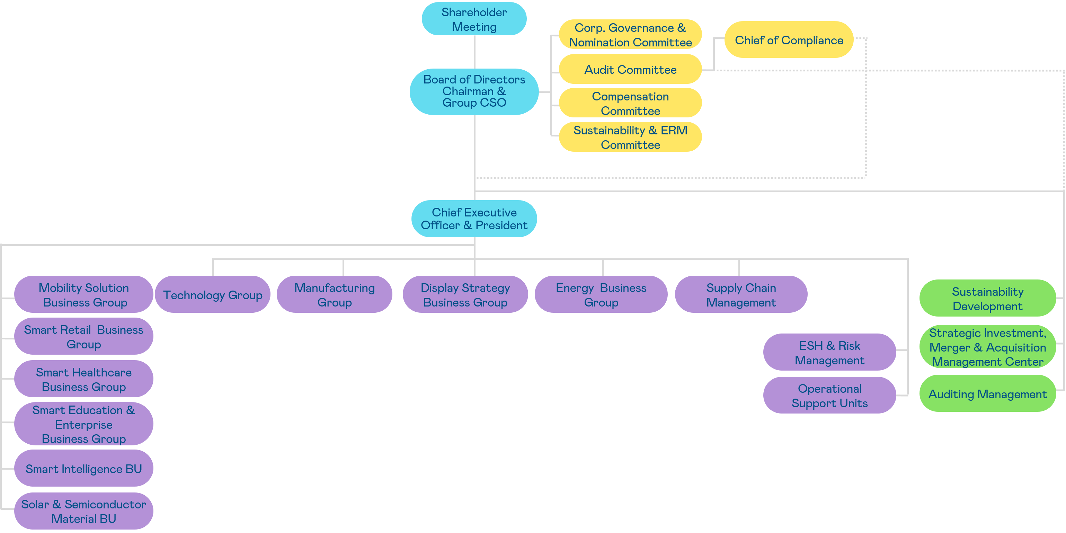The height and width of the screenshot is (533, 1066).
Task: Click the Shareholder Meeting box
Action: coord(474,19)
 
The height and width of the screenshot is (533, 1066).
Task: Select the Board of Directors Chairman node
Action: coord(474,91)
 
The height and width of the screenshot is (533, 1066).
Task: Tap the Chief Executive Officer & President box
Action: coord(474,219)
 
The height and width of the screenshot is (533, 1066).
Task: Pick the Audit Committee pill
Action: coord(630,70)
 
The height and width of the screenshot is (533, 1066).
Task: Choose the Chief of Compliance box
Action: coord(788,40)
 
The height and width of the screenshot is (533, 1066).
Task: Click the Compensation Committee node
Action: coord(630,103)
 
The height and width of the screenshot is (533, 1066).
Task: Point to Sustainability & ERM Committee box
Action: coord(630,137)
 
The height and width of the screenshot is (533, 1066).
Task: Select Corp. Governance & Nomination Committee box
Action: coord(630,35)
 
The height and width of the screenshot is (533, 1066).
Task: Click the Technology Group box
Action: coord(212,295)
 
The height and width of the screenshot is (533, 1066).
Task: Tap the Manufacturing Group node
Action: coord(334,295)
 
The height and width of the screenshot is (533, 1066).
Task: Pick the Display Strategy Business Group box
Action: coord(465,295)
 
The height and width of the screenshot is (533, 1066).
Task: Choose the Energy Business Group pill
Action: coord(601,295)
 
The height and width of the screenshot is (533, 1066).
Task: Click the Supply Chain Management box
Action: coord(741,295)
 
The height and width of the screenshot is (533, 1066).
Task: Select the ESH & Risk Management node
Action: coord(829,352)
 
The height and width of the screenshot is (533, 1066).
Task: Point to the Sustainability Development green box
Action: coord(987,299)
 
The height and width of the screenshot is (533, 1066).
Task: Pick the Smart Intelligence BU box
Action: coord(83,469)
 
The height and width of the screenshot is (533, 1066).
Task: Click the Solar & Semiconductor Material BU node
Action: coord(83,511)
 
